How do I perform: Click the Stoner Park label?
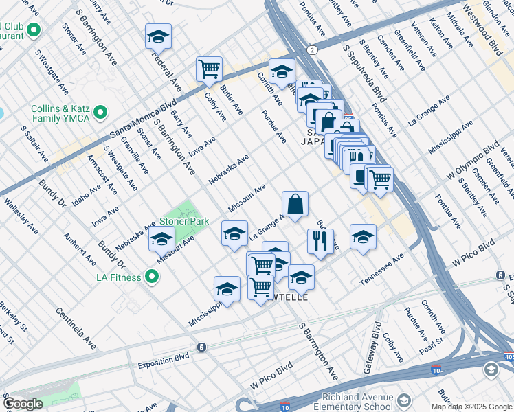[x=183, y=222]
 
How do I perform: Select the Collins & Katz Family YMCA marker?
[x=101, y=111]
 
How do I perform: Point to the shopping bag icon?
[x=295, y=204]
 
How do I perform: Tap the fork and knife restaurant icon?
[x=320, y=242]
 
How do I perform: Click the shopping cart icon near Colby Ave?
[x=209, y=69]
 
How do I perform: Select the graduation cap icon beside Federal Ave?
[x=158, y=36]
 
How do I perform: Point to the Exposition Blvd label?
[x=163, y=365]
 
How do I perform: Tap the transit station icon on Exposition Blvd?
[x=201, y=347]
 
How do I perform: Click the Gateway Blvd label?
[x=377, y=344]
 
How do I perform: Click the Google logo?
[x=23, y=404]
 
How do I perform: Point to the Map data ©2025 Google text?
[x=471, y=407]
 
